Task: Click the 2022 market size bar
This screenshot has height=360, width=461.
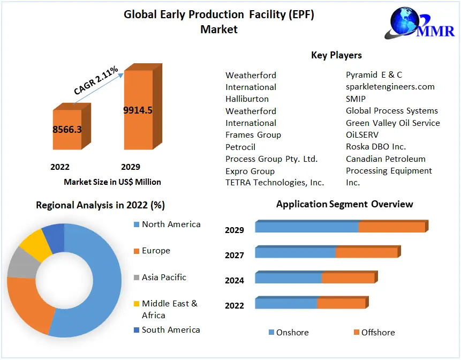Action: coord(67,130)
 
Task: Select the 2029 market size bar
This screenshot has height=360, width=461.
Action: coord(138,110)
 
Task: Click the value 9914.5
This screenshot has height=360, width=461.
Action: coord(138,110)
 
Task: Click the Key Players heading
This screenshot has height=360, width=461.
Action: coord(336,55)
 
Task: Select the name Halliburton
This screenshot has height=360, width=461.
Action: coord(247,99)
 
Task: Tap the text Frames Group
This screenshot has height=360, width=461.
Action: coord(253,135)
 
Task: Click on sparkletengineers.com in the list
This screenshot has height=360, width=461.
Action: coord(390,87)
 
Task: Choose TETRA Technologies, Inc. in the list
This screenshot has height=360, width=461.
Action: coord(274,183)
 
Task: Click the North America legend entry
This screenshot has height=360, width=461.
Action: coord(170,224)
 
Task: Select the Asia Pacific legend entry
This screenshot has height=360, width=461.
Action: coord(163,277)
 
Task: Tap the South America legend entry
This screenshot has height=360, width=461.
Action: coord(170,330)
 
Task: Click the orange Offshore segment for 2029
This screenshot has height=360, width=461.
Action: coord(391,227)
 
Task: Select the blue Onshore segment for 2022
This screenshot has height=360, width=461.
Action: coord(286,304)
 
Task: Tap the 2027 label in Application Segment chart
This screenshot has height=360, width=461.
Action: coord(235,256)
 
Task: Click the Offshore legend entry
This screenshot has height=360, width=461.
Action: coord(377,333)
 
